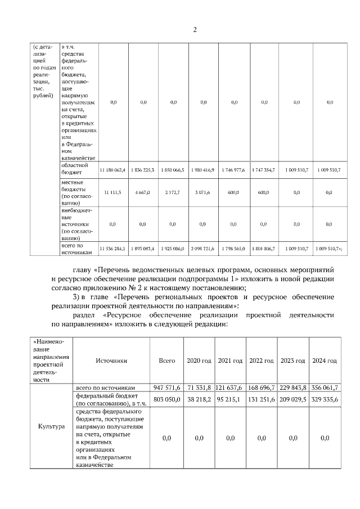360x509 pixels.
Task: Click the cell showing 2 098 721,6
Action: [x=204, y=248]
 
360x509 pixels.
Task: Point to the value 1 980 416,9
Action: [x=204, y=170]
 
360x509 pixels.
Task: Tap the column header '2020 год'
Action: [x=199, y=361]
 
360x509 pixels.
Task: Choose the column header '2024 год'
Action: [x=325, y=361]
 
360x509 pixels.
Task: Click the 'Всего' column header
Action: [x=167, y=361]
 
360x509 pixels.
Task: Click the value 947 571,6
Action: [x=167, y=388]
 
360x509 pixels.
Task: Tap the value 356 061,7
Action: [x=325, y=388]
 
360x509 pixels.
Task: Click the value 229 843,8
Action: [x=293, y=388]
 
